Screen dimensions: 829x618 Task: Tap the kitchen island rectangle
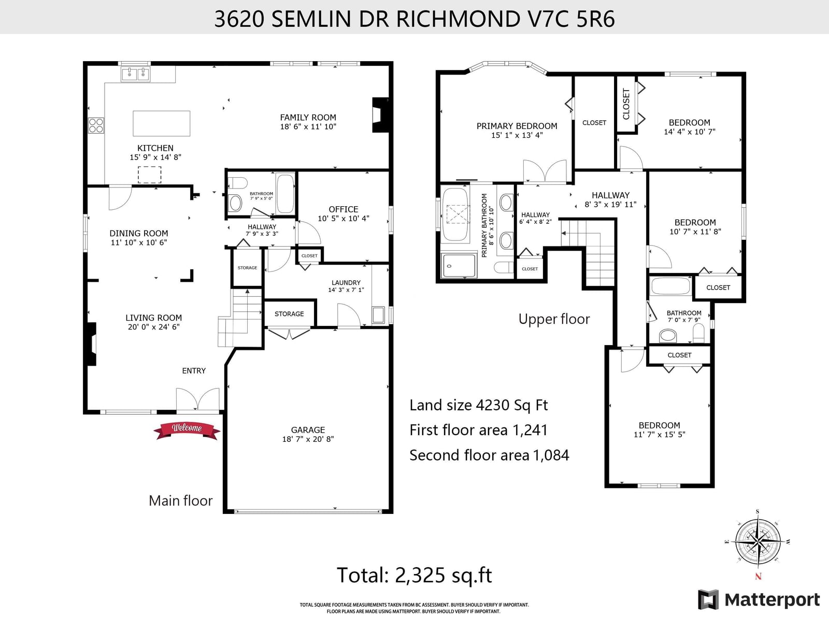(x=161, y=123)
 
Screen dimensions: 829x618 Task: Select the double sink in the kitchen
(x=135, y=74)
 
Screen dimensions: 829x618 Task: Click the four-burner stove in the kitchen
(x=96, y=125)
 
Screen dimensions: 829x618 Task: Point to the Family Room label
(x=308, y=118)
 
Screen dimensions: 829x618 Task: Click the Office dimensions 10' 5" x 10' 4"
(x=344, y=218)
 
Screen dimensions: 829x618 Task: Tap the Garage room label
(x=308, y=429)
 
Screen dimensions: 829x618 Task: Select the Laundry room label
(x=346, y=282)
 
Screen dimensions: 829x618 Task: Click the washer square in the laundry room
(x=378, y=315)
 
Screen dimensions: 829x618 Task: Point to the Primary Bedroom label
(x=517, y=126)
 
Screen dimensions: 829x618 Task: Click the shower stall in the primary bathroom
(x=459, y=266)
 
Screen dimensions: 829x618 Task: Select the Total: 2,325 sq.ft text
(x=414, y=576)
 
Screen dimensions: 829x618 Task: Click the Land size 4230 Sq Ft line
(x=479, y=405)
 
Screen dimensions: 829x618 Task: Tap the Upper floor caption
(x=554, y=319)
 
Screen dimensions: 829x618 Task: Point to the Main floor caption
(x=180, y=500)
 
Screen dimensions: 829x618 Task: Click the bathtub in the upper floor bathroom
(x=671, y=286)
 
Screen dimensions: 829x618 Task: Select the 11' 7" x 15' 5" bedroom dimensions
(x=660, y=435)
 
